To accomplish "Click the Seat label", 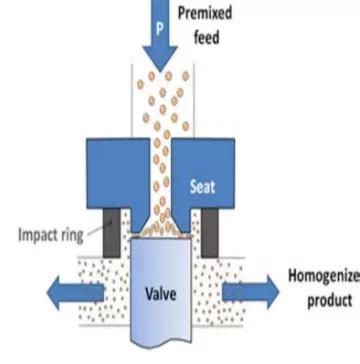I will point(204,185).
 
